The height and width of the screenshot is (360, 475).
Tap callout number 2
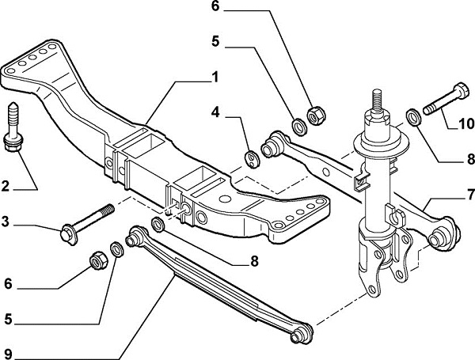pyautogui.click(x=6, y=187)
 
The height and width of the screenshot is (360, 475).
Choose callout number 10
pyautogui.click(x=466, y=123)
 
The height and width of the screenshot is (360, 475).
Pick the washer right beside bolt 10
pyautogui.click(x=413, y=117)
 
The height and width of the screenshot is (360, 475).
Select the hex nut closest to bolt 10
pyautogui.click(x=313, y=116)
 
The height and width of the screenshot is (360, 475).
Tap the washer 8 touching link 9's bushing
pyautogui.click(x=157, y=227)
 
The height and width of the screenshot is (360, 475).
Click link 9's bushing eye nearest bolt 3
pyautogui.click(x=137, y=234)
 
